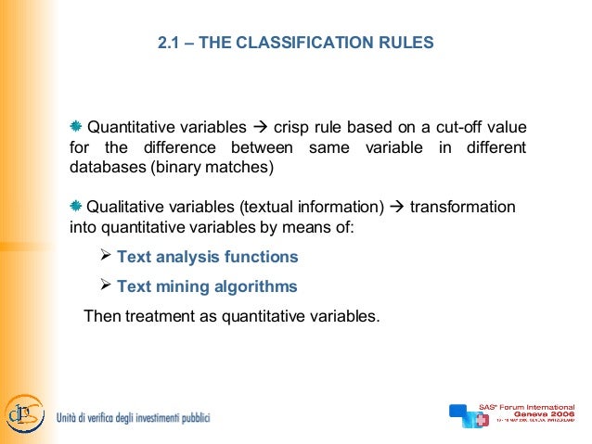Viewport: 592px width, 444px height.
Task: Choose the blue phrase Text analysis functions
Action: (207, 257)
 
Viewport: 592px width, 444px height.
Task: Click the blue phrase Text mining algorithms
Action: (206, 286)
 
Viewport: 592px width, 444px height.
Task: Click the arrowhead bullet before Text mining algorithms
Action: (105, 285)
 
